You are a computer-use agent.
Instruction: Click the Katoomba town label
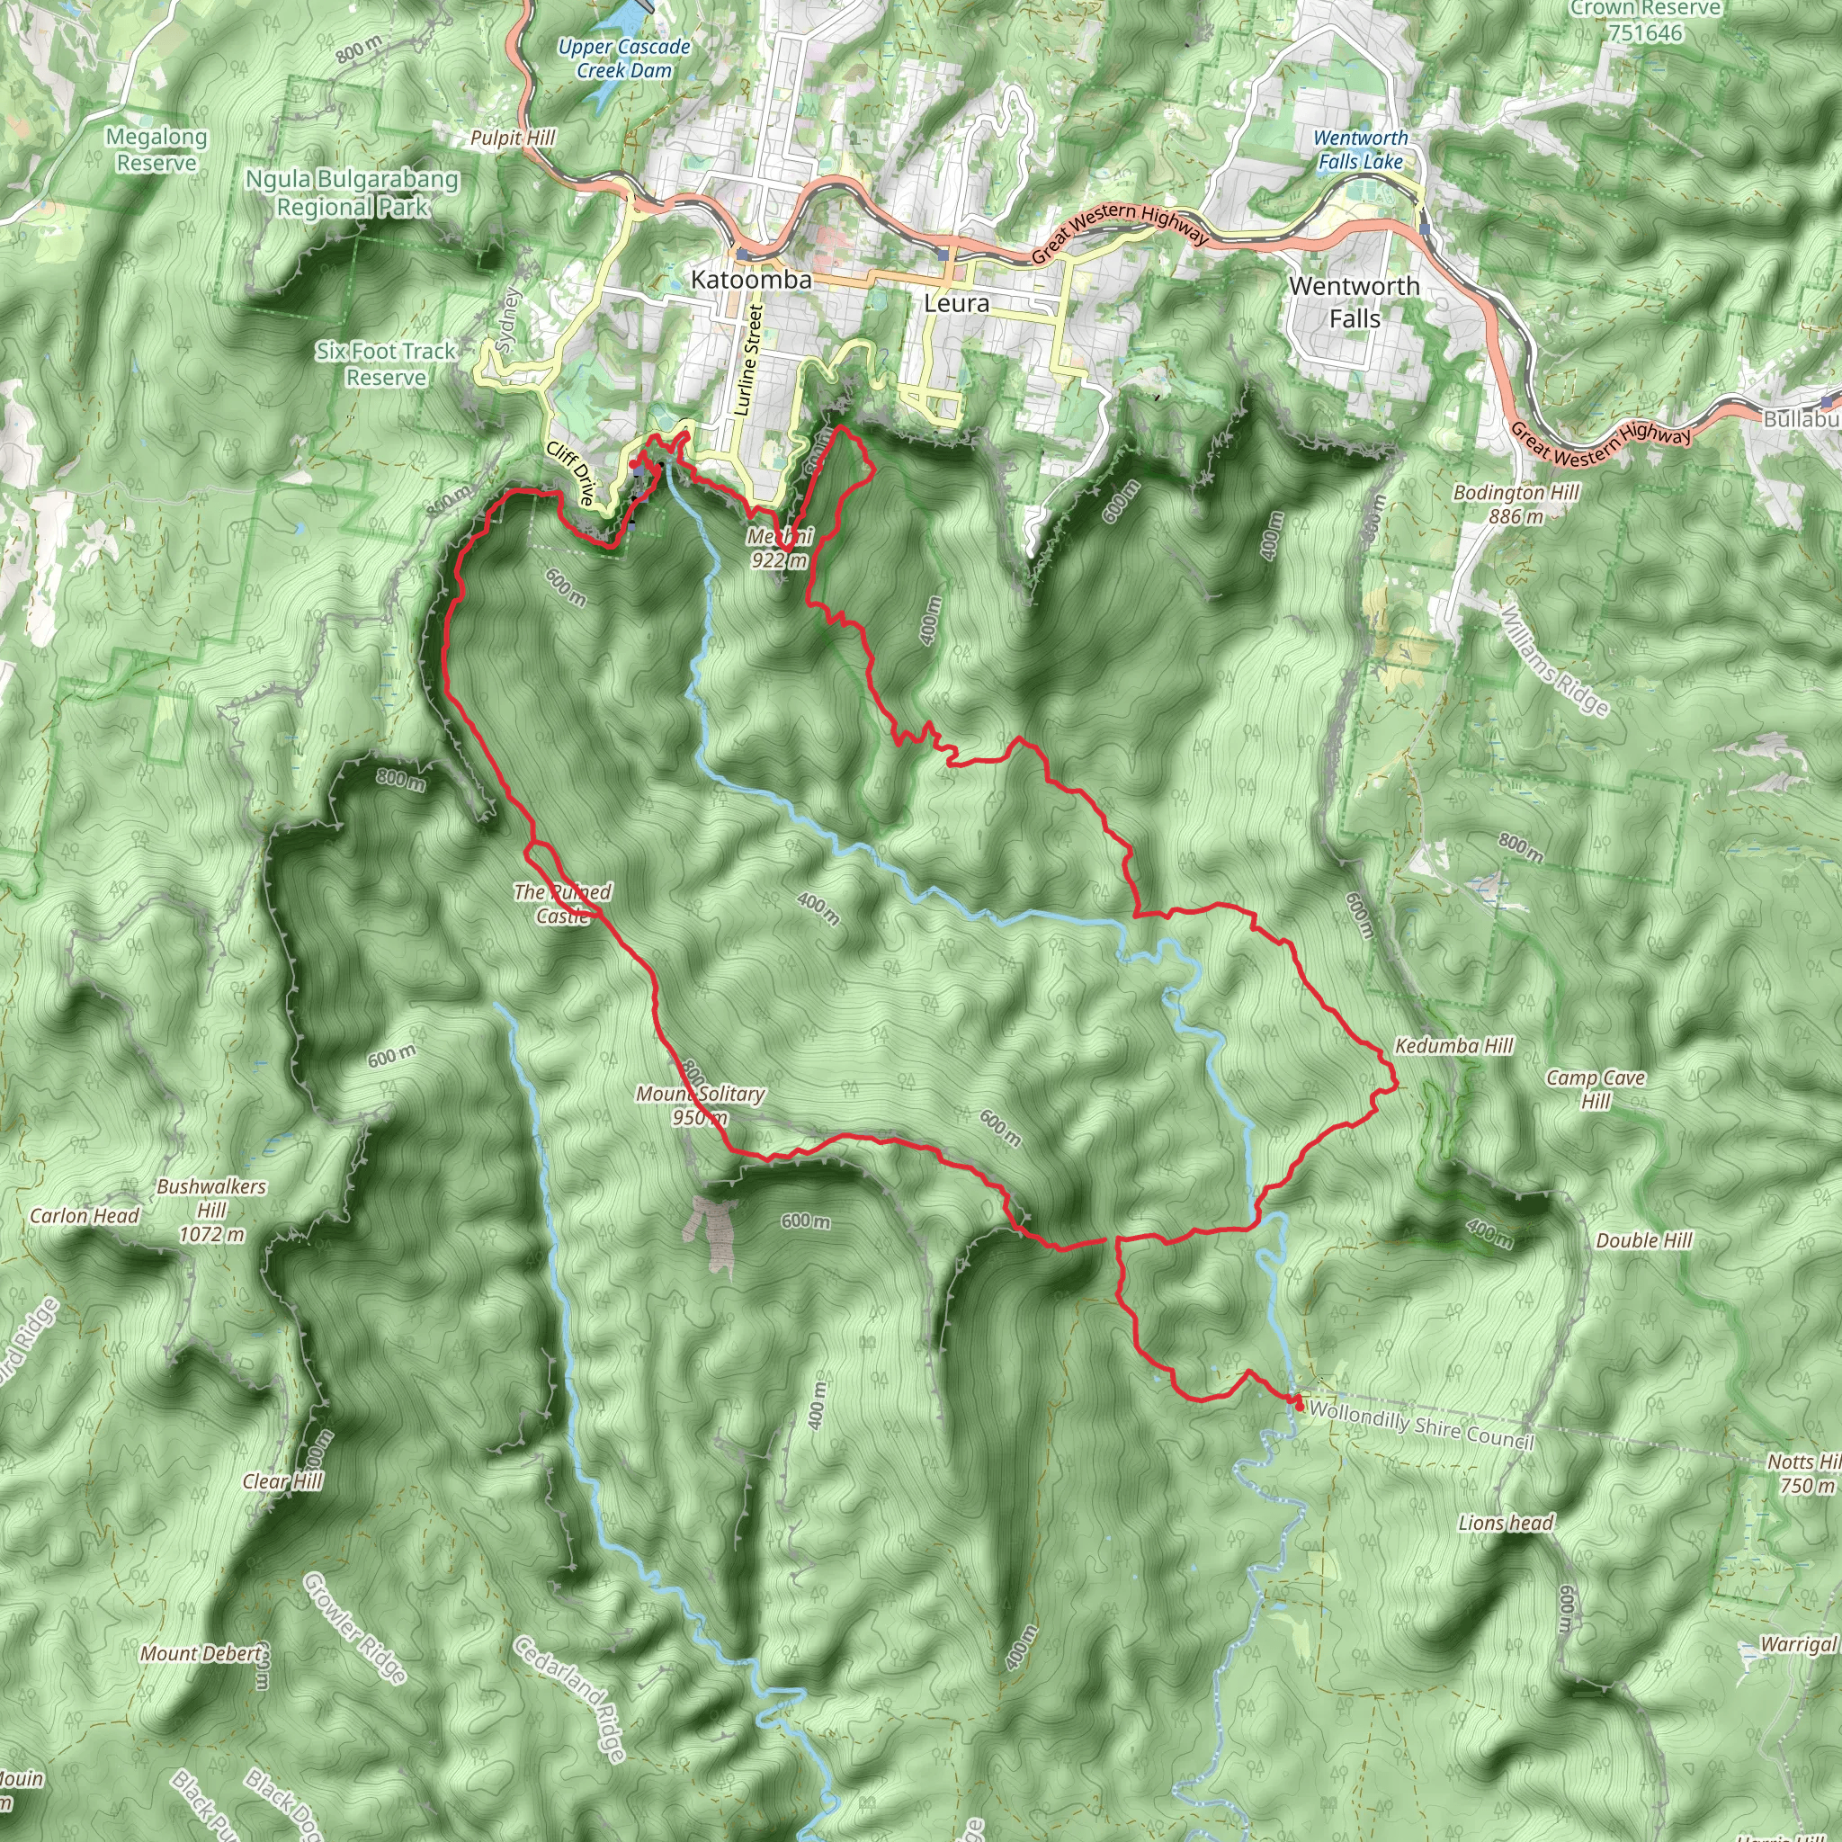click(x=750, y=280)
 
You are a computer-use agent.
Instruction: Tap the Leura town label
click(x=956, y=303)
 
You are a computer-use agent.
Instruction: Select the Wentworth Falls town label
click(x=1354, y=301)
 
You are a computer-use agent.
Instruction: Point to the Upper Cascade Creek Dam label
click(x=624, y=58)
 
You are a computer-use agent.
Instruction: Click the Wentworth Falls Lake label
click(x=1361, y=149)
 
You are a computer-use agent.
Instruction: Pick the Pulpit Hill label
click(x=512, y=139)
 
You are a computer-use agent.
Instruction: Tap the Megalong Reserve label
click(x=156, y=149)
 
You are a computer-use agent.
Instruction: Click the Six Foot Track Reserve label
click(x=386, y=364)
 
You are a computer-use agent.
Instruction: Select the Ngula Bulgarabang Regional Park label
click(x=352, y=192)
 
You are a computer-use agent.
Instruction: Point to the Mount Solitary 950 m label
click(x=700, y=1105)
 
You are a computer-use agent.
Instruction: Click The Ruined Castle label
click(x=562, y=904)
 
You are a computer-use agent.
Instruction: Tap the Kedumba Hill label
click(x=1454, y=1046)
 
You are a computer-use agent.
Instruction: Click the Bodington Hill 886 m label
click(x=1516, y=505)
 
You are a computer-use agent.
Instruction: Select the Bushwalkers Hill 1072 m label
click(x=211, y=1210)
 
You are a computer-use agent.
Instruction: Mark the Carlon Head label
click(x=84, y=1216)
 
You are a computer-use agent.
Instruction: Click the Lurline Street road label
click(x=749, y=361)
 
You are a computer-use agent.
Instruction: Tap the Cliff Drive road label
click(x=570, y=474)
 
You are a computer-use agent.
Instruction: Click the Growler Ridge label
click(x=354, y=1629)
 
